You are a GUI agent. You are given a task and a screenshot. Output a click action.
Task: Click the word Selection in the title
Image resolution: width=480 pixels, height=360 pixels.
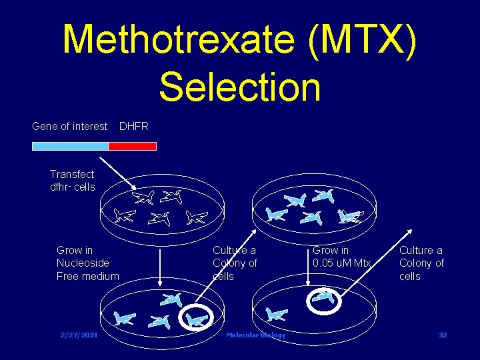240,87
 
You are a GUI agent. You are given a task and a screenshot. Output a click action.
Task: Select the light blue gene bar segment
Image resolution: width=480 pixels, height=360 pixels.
70,146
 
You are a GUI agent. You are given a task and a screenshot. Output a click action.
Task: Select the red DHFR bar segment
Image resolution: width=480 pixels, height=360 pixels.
132,146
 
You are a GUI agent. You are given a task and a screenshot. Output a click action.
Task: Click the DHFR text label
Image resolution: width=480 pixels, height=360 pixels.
133,126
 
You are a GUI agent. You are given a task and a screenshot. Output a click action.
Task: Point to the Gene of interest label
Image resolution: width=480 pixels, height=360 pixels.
69,126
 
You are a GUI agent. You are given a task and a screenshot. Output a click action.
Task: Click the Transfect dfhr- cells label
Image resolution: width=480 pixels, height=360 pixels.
72,181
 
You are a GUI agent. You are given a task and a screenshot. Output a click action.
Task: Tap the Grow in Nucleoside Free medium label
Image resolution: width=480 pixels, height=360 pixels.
88,263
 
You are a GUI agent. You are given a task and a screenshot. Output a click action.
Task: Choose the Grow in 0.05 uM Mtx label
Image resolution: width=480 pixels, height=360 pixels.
341,257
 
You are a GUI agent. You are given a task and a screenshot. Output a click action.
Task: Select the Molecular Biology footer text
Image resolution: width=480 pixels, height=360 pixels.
255,335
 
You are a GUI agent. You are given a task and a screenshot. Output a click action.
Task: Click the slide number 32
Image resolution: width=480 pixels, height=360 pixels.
442,335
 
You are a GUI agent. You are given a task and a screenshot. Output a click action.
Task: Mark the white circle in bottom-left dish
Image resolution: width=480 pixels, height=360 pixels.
197,320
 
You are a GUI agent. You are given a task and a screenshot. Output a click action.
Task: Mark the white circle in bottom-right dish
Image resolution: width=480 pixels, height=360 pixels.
324,299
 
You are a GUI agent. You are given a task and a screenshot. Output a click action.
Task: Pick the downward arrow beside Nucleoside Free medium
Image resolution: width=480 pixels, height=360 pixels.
161,267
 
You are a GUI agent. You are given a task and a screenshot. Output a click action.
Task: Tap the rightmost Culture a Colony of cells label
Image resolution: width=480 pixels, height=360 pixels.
421,263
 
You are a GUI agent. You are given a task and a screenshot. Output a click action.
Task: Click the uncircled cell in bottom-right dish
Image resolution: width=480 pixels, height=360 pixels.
276,313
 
